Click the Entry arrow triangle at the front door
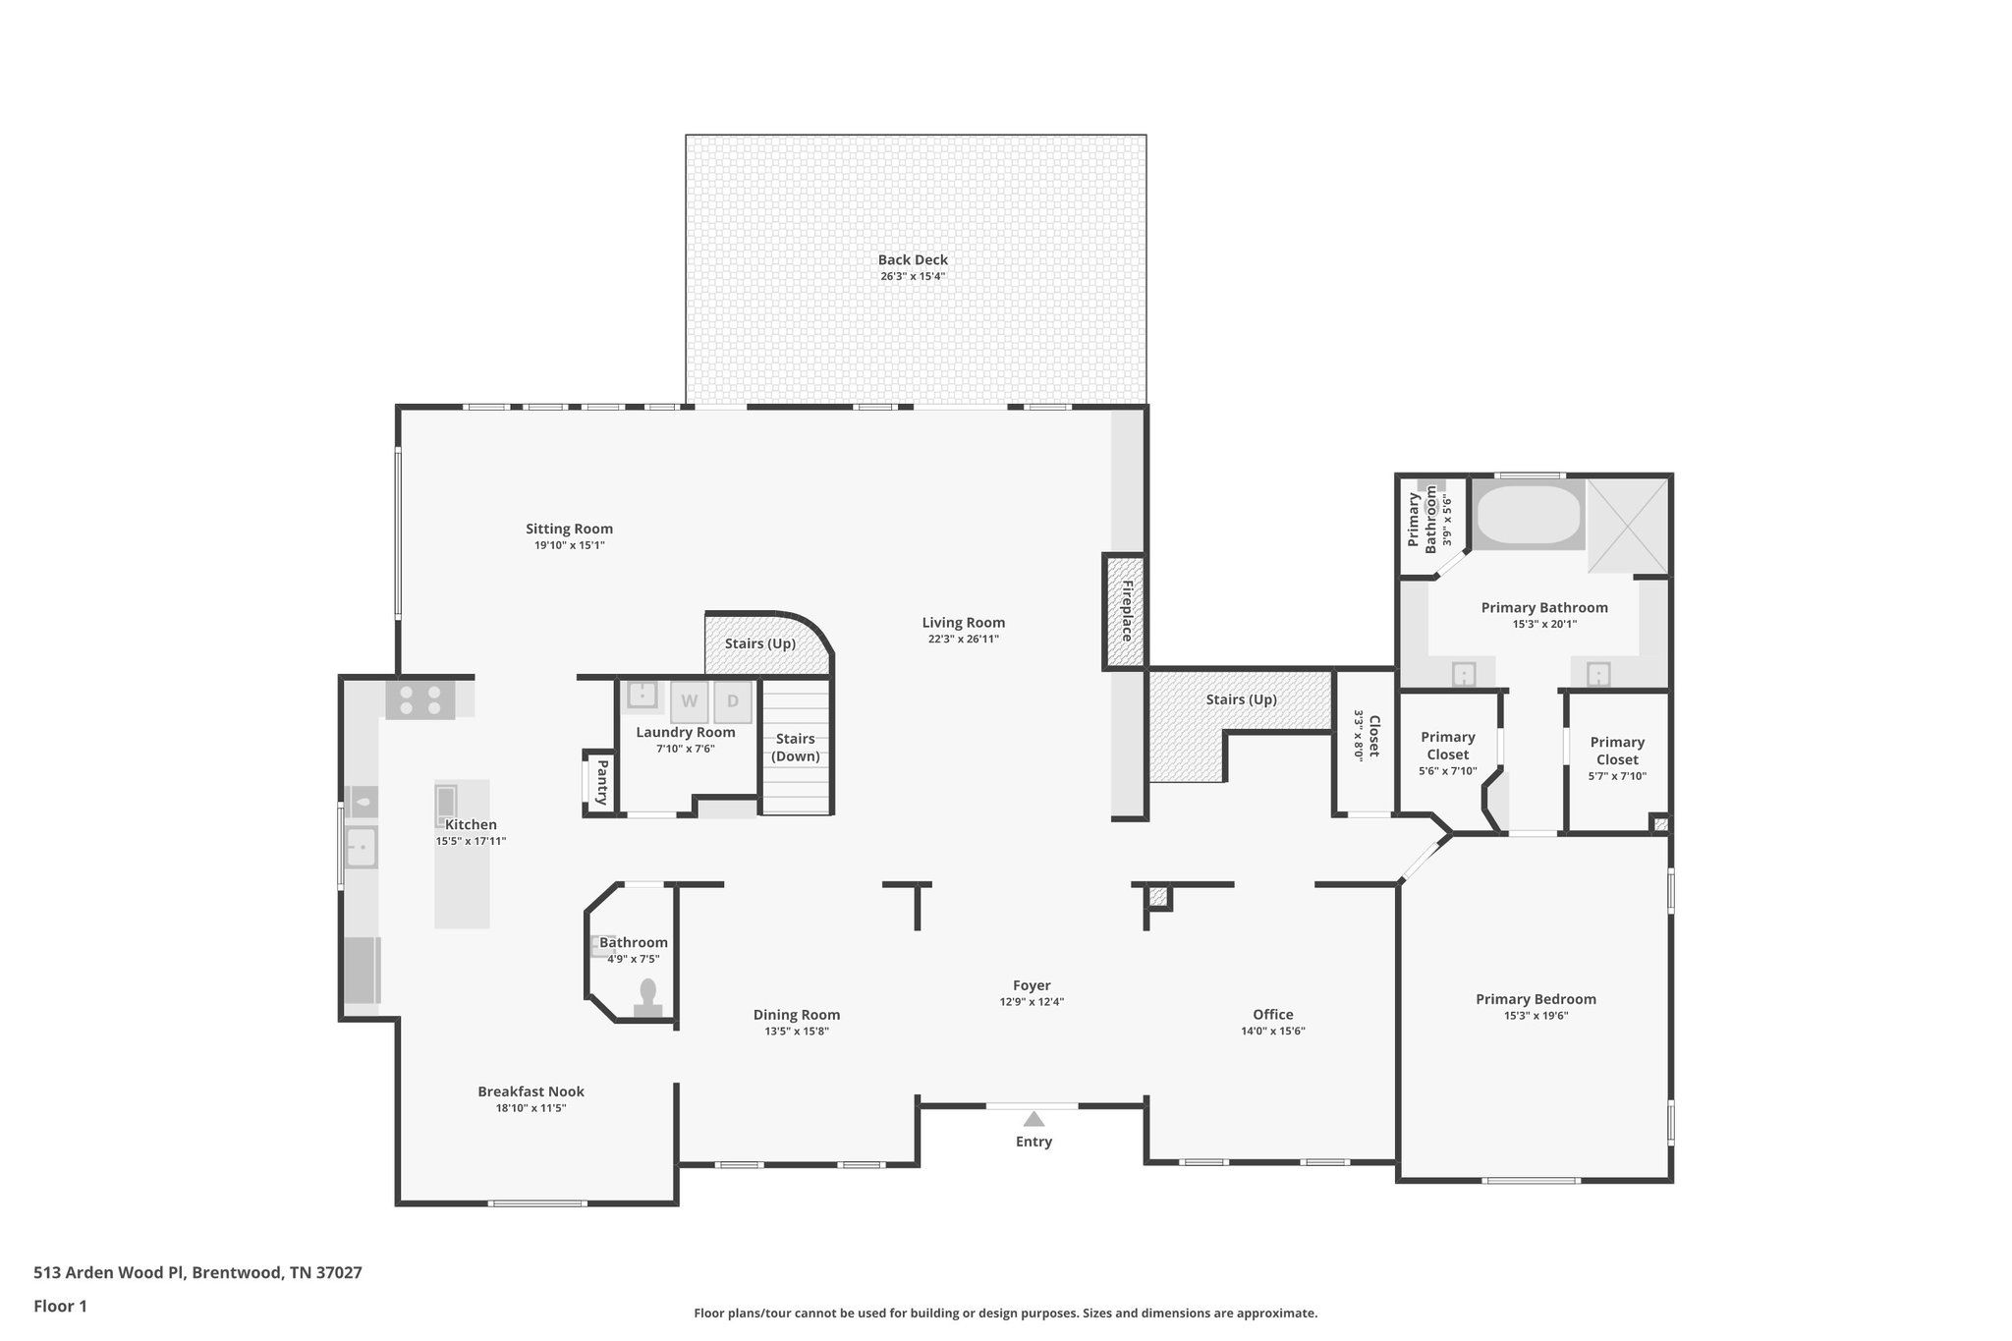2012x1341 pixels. [x=1033, y=1119]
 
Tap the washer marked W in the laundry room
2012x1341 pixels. [x=690, y=701]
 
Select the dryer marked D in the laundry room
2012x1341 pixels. [x=733, y=701]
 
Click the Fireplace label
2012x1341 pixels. [x=1127, y=611]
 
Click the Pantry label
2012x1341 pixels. [x=602, y=782]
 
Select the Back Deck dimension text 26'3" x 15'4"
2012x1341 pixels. [x=913, y=277]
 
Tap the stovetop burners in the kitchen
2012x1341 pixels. [x=419, y=699]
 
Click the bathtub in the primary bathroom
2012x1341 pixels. [x=1529, y=516]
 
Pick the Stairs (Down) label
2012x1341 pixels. [x=796, y=747]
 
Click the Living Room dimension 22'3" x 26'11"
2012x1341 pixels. [x=963, y=640]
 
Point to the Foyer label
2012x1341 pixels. [x=1032, y=985]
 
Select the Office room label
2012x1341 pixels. [x=1272, y=1015]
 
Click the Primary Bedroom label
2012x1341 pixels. [x=1535, y=999]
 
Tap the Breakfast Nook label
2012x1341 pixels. [x=531, y=1091]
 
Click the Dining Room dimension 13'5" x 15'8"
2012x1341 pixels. [x=797, y=1032]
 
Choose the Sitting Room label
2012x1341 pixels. [x=569, y=529]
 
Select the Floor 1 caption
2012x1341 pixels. [x=60, y=1306]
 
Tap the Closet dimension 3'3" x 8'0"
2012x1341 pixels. [x=1360, y=736]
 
